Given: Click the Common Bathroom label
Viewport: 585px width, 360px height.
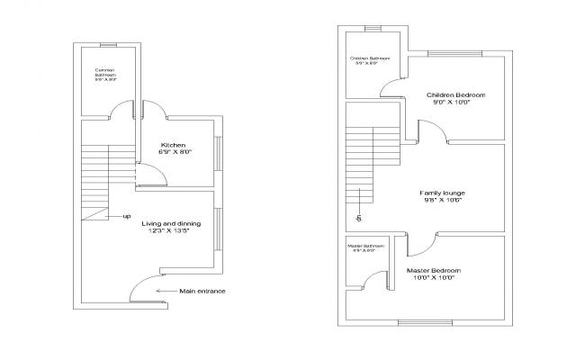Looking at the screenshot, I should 106,70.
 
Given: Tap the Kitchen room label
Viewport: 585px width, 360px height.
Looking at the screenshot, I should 173,145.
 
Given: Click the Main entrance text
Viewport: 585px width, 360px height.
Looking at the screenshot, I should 202,291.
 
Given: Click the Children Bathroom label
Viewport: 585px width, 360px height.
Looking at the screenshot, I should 370,58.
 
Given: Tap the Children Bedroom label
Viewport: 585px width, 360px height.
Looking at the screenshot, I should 456,94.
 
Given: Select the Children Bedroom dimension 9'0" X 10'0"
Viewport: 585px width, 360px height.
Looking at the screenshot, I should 452,103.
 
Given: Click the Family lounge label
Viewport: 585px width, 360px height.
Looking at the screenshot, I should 442,193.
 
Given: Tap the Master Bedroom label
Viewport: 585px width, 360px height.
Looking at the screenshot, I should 434,270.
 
